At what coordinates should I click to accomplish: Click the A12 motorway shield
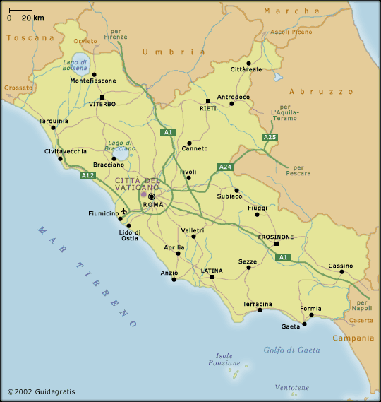tap(87, 175)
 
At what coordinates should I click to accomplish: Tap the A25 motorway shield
tap(269, 137)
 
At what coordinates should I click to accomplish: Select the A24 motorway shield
tap(225, 167)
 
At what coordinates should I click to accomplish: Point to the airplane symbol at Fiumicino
tap(124, 211)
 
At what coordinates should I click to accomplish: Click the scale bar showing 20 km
tap(20, 11)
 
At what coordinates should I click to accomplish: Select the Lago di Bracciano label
tap(120, 146)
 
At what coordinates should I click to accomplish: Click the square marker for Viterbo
tap(102, 97)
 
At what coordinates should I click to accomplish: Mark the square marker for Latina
tap(212, 277)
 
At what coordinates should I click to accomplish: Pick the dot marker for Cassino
tap(341, 271)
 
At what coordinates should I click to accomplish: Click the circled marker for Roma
tap(151, 196)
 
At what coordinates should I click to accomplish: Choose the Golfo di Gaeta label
tap(291, 350)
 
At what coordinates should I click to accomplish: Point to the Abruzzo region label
tap(321, 91)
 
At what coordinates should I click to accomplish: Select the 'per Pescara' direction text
tap(297, 170)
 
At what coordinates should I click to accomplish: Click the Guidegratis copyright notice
tap(41, 391)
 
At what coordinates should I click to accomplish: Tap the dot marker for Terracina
tap(260, 309)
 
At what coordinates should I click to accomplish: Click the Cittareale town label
tap(246, 69)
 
